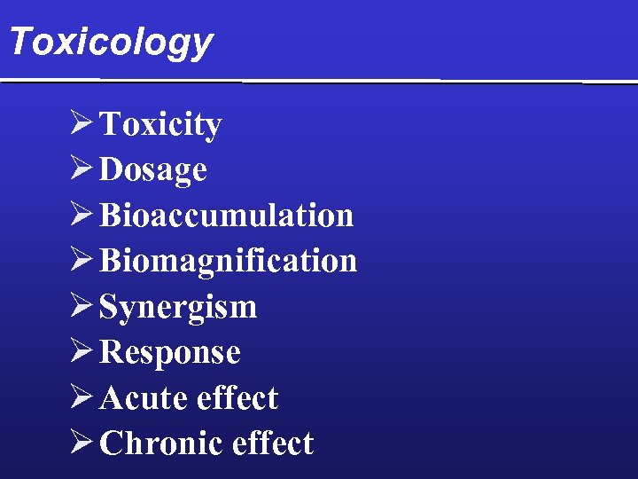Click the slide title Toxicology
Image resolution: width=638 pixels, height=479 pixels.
111,42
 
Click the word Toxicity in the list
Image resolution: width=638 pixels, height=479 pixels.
160,125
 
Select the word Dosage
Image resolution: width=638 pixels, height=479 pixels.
153,170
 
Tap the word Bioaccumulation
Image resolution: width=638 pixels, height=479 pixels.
227,216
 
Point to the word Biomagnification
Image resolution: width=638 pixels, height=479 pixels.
229,261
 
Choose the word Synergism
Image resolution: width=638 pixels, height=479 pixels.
178,307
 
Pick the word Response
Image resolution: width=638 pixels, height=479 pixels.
170,352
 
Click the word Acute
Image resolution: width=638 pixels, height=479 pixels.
144,398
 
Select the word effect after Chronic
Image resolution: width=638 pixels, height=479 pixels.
272,444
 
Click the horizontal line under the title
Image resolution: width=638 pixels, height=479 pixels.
319,81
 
